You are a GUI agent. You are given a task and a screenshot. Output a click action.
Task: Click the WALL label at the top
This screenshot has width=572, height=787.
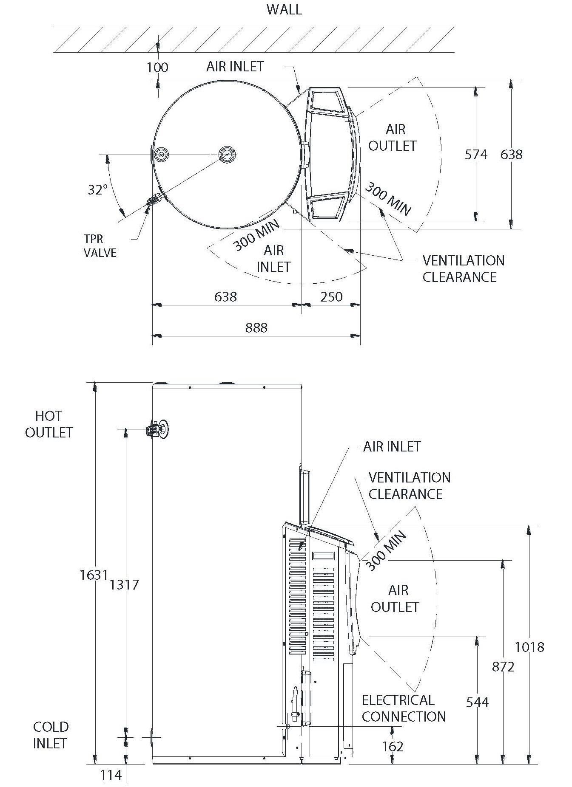284,9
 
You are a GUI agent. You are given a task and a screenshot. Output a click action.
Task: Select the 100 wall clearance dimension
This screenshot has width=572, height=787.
157,67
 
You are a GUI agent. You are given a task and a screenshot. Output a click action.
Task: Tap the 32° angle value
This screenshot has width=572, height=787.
97,190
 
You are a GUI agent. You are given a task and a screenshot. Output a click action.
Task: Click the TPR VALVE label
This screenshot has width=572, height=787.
100,246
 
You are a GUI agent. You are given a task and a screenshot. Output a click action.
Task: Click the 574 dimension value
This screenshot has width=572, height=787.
476,155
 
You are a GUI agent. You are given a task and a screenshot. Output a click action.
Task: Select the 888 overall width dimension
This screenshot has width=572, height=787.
256,327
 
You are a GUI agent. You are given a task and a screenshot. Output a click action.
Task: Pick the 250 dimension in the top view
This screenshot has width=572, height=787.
331,296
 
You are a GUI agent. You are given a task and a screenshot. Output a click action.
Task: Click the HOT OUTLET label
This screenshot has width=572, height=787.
49,424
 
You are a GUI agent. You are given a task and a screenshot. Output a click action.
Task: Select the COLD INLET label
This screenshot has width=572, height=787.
50,735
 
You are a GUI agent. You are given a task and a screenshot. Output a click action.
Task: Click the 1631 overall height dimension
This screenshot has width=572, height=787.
94,575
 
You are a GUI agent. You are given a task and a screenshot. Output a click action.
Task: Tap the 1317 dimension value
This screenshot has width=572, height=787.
124,585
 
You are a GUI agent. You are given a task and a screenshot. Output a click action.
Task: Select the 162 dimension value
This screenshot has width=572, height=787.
393,746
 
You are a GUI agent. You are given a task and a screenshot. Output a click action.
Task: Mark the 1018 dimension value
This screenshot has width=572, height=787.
529,647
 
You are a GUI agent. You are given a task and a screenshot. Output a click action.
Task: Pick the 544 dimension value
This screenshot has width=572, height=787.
477,702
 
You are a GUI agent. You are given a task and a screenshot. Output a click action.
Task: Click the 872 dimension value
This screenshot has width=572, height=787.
503,667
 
